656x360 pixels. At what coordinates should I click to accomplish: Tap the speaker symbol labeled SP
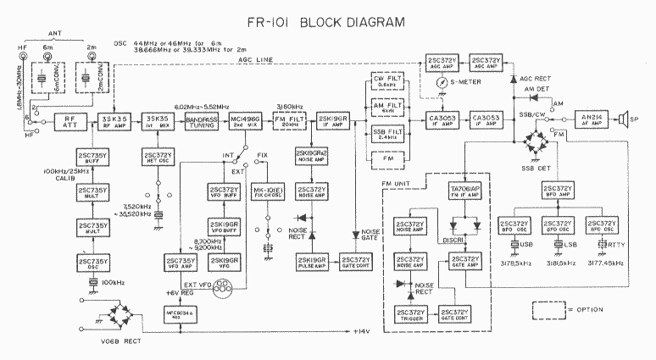click(x=626, y=119)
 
